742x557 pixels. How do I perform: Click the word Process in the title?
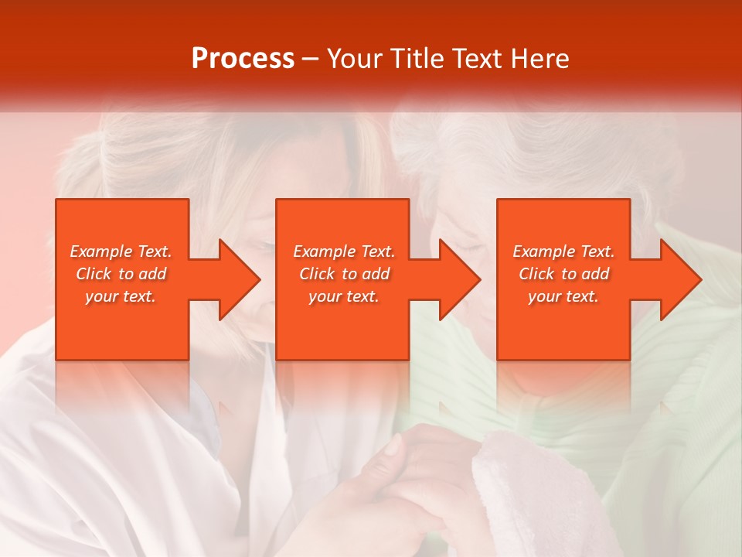[x=243, y=59]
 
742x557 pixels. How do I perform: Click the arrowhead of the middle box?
[x=459, y=279]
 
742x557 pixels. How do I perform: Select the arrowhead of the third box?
[x=680, y=279]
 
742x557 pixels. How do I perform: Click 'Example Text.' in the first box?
[x=121, y=251]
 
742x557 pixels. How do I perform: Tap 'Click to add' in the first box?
[x=121, y=274]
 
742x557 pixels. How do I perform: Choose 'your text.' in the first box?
[x=121, y=296]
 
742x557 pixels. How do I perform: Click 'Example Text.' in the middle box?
[x=343, y=251]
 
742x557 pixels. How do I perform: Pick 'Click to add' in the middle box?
[x=343, y=274]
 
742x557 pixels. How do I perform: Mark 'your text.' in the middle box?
[x=343, y=296]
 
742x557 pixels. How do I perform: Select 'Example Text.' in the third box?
[x=563, y=251]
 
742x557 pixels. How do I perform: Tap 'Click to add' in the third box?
[x=563, y=274]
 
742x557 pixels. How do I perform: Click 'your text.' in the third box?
[x=563, y=296]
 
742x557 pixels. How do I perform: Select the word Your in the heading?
[x=356, y=59]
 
